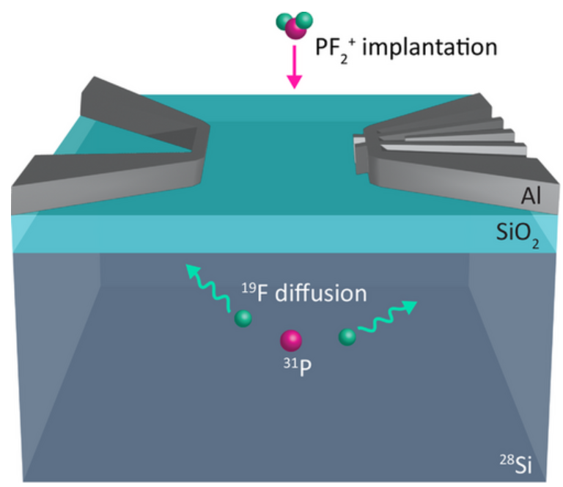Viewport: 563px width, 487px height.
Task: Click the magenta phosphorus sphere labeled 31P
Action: point(292,340)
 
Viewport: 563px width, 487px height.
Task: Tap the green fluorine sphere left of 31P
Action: point(243,319)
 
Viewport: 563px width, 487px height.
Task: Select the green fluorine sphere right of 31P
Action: point(347,337)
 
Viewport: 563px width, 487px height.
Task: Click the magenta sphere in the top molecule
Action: point(295,29)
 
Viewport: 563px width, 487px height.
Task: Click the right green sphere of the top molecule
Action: point(306,20)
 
